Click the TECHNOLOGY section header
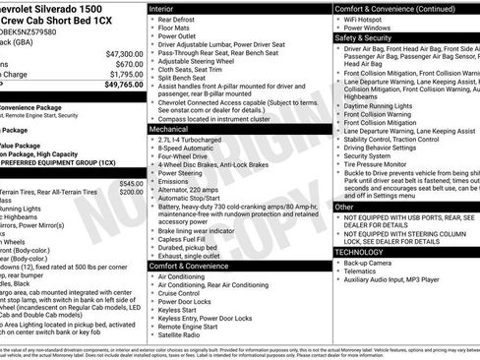pos(361,252)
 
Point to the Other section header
pos(344,208)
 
